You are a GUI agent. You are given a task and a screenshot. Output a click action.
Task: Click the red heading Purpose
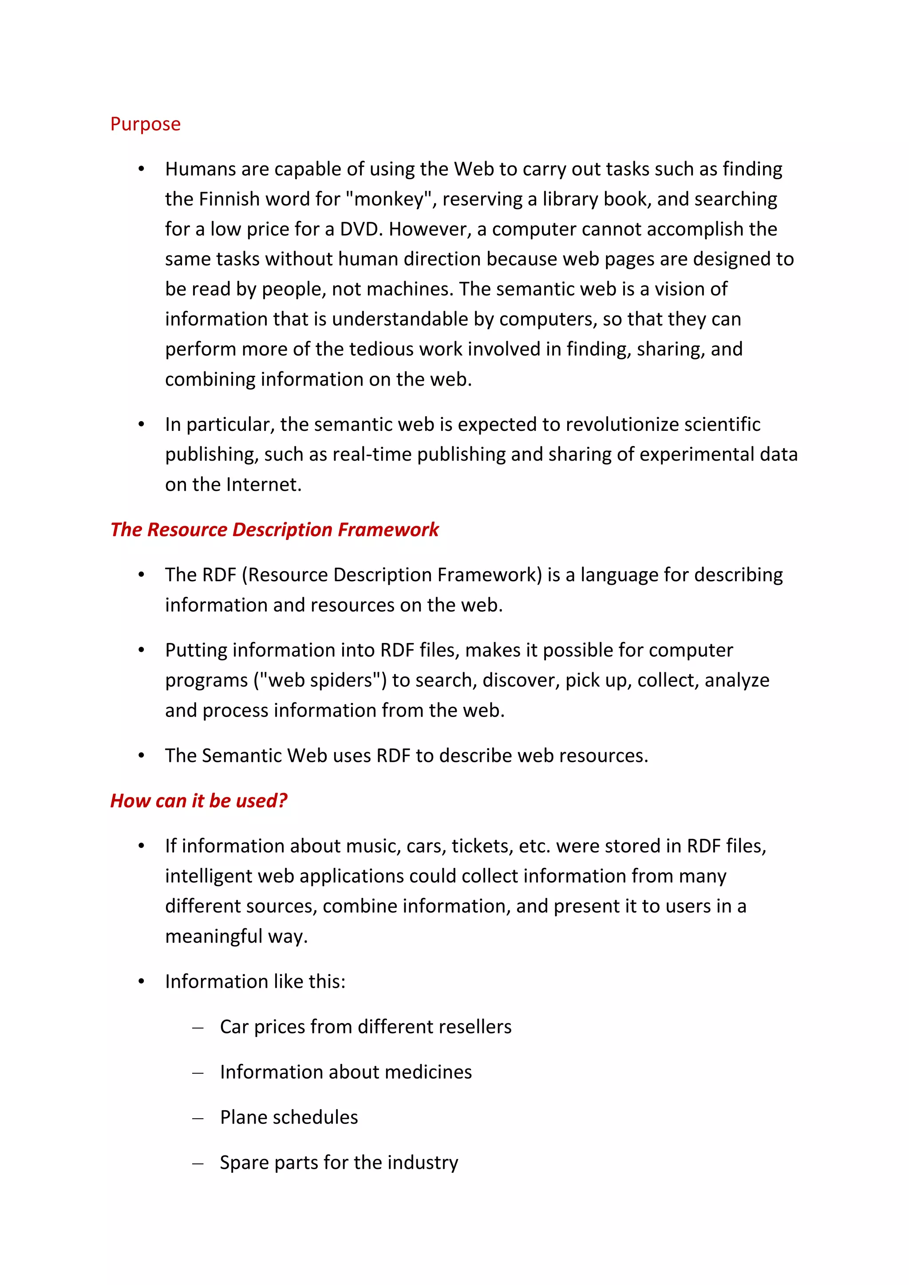pyautogui.click(x=146, y=124)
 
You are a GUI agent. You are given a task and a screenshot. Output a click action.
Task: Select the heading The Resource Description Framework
pyautogui.click(x=274, y=529)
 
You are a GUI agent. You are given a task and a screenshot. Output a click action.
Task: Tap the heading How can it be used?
pyautogui.click(x=199, y=801)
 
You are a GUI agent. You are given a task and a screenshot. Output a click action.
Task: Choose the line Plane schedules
pyautogui.click(x=289, y=1118)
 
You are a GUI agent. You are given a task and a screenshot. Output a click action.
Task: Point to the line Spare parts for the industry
pyautogui.click(x=339, y=1163)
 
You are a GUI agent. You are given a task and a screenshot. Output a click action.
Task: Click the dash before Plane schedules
pyautogui.click(x=198, y=1119)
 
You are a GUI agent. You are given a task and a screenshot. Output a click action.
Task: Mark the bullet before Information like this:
pyautogui.click(x=142, y=981)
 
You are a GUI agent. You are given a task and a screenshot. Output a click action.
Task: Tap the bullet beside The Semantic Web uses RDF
pyautogui.click(x=142, y=756)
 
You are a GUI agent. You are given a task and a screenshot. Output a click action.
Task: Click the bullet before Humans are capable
pyautogui.click(x=142, y=169)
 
